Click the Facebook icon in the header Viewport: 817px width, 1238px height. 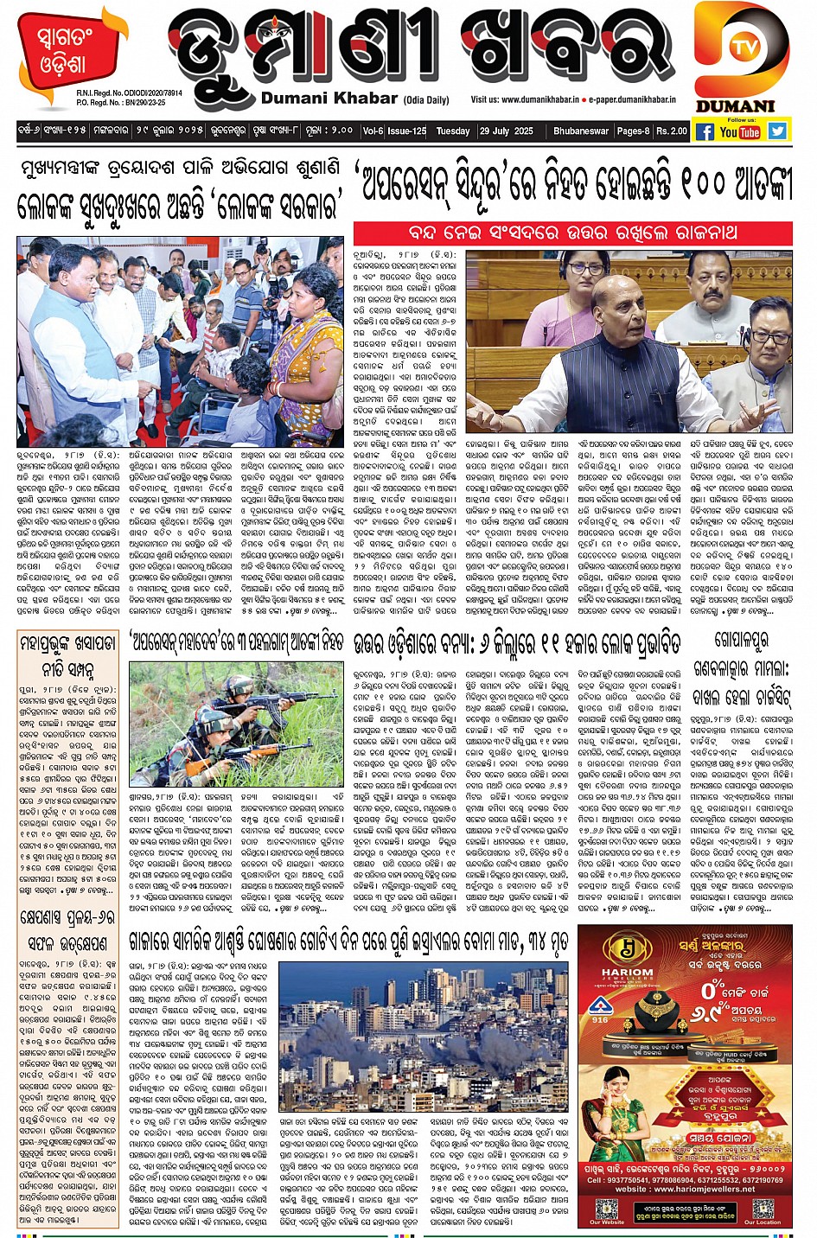(x=705, y=131)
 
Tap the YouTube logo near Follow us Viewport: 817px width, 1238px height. (x=740, y=131)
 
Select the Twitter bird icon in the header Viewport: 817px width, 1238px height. (x=777, y=131)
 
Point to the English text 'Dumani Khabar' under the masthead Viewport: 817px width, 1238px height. (x=329, y=99)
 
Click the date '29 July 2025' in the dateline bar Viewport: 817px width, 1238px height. (x=507, y=131)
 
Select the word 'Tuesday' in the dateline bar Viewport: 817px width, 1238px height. (x=453, y=131)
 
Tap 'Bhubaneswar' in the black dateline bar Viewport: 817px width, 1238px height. (x=581, y=131)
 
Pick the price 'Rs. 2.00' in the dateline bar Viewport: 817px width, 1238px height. (x=671, y=131)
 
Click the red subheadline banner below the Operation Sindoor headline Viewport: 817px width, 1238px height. (x=572, y=233)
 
